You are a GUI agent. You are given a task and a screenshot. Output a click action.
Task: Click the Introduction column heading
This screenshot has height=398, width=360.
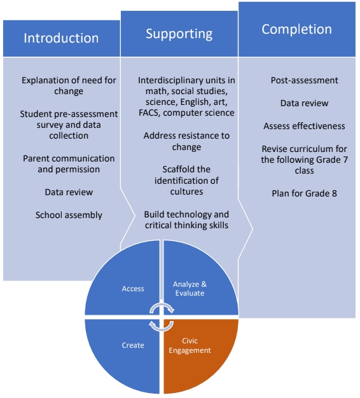61,38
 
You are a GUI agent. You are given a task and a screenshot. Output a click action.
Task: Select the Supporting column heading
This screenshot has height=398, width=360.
179,34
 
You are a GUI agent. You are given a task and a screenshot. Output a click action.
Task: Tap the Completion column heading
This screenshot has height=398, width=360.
297,29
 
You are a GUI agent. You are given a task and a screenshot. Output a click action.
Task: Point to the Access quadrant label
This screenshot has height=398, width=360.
133,289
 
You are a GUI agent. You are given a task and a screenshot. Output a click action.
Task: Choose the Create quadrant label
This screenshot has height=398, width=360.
133,345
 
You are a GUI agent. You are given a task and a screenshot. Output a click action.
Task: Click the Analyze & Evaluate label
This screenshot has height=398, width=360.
190,289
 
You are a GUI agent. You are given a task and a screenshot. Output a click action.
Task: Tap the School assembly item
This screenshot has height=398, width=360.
69,215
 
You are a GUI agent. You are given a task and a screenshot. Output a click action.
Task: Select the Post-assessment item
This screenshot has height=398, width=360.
305,80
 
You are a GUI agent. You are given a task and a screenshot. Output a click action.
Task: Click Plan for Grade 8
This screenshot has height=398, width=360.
305,193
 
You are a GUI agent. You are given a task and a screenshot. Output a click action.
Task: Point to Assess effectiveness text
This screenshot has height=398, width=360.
305,126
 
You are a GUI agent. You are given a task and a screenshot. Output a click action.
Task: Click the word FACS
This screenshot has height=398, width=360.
149,113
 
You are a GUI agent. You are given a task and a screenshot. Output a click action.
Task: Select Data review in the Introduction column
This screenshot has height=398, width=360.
69,192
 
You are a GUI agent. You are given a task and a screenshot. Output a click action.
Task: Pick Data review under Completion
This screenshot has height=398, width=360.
305,103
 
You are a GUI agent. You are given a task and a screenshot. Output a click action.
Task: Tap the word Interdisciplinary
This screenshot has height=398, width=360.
170,80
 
